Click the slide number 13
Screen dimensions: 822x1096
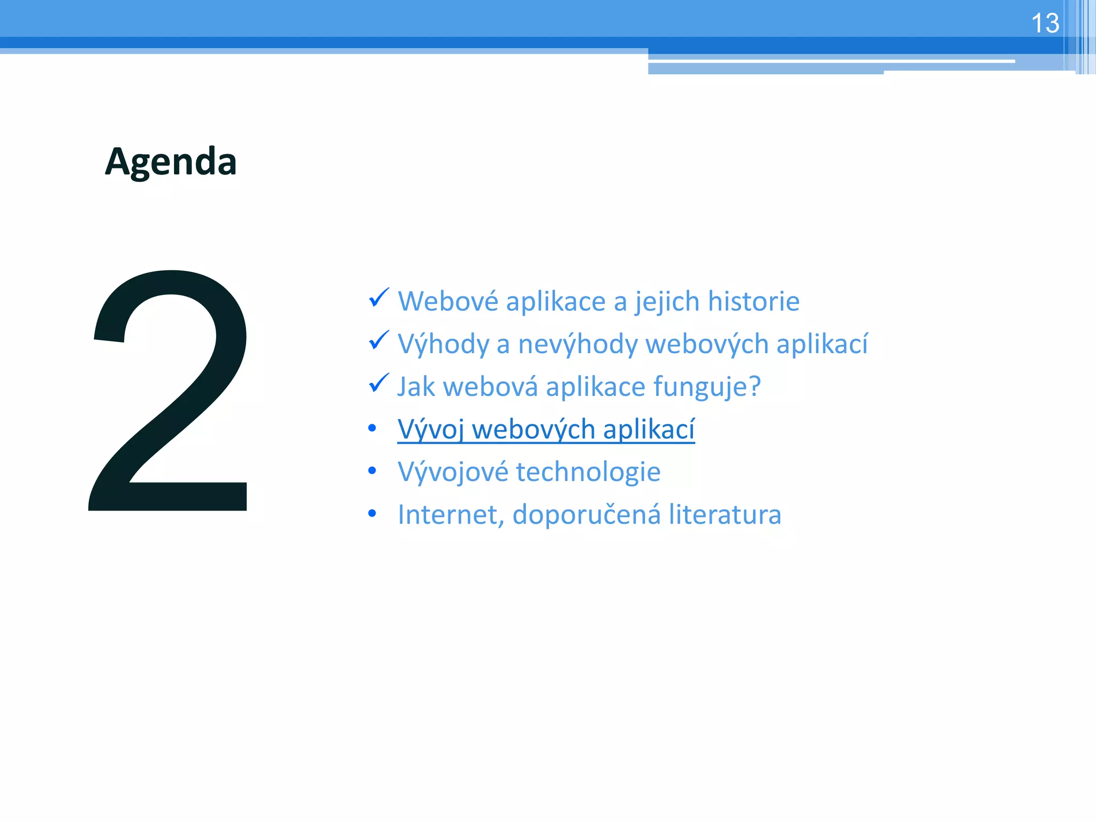pyautogui.click(x=1045, y=24)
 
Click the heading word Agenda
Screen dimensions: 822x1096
pyautogui.click(x=171, y=162)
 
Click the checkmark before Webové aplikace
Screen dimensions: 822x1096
pyautogui.click(x=379, y=298)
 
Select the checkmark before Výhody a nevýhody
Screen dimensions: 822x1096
pyautogui.click(x=379, y=340)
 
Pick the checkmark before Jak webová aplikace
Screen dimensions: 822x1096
pyautogui.click(x=379, y=383)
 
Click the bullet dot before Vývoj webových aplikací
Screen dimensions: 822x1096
pyautogui.click(x=372, y=428)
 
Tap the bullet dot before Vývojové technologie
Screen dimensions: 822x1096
pyautogui.click(x=372, y=471)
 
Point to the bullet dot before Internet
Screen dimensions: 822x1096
pyautogui.click(x=372, y=514)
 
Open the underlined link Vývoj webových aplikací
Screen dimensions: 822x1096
pyautogui.click(x=546, y=429)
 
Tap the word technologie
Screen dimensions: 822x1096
pyautogui.click(x=588, y=472)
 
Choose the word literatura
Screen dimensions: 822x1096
pyautogui.click(x=725, y=515)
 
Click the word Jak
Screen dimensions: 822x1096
pyautogui.click(x=416, y=387)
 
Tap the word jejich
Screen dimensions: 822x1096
pyautogui.click(x=667, y=301)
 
